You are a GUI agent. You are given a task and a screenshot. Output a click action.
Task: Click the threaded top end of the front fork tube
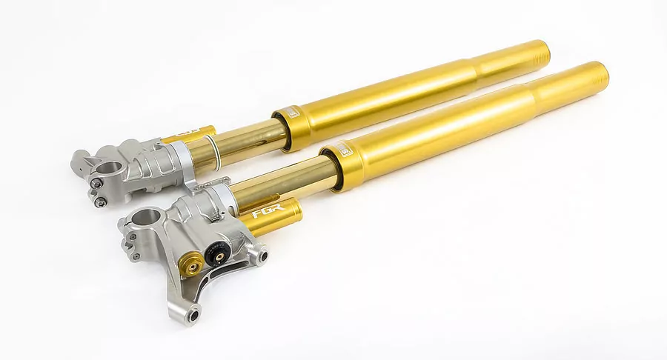[597, 76]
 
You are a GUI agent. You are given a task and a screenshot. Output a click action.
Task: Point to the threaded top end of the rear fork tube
[542, 52]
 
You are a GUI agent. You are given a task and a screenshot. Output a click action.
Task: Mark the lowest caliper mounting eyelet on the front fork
[193, 315]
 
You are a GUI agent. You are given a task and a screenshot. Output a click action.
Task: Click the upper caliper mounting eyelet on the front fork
[260, 256]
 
